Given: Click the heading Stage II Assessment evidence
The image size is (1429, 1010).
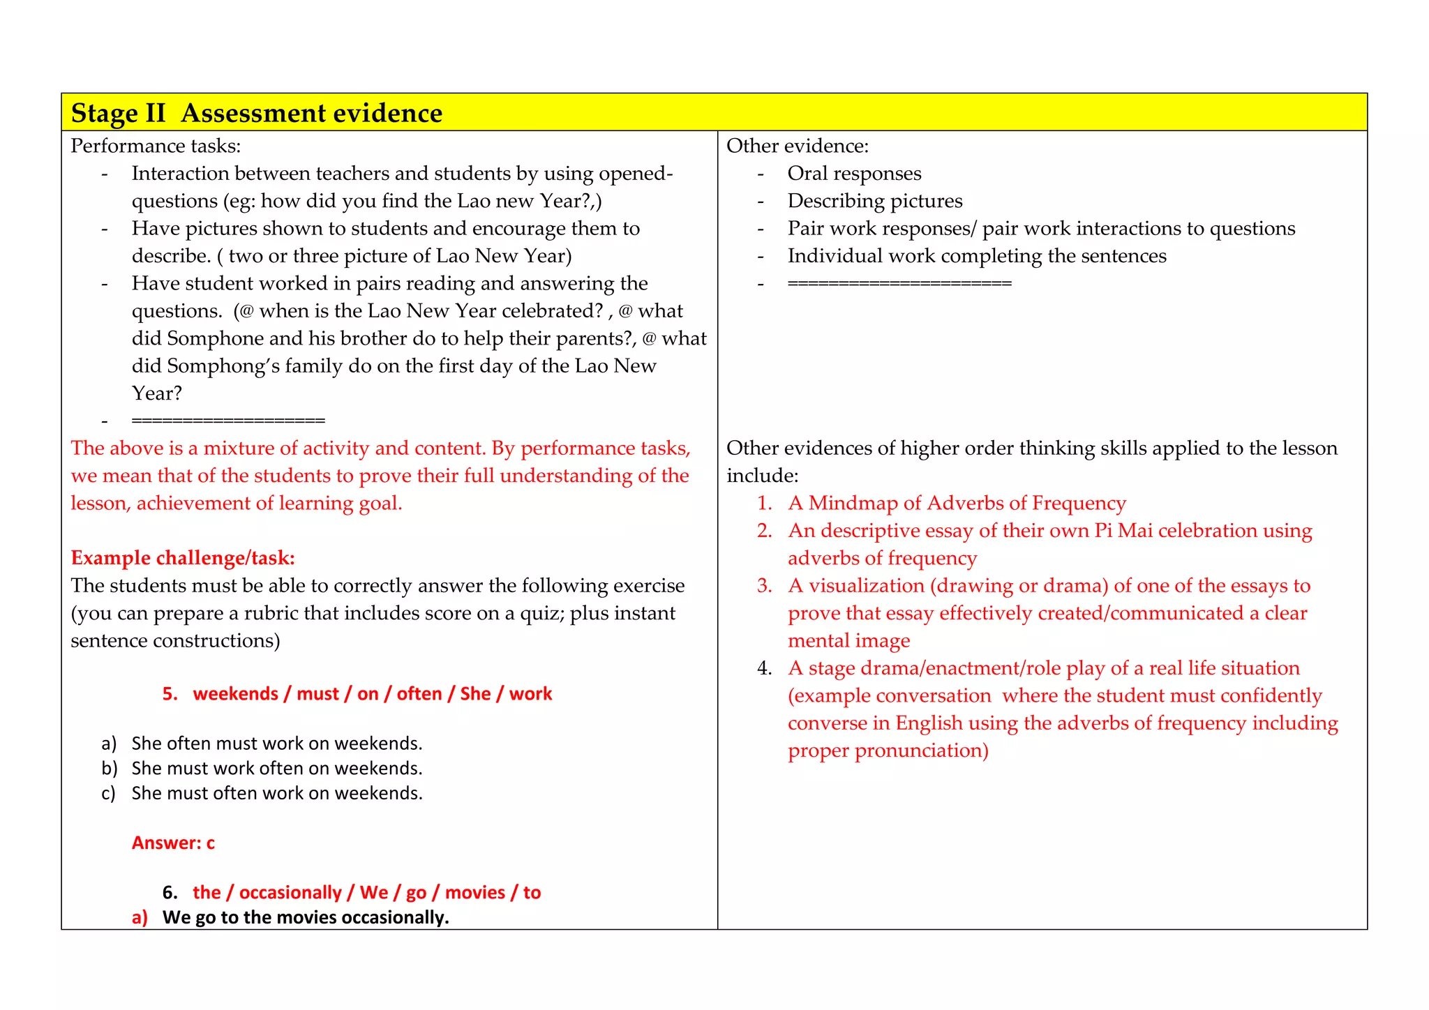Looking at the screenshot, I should point(257,113).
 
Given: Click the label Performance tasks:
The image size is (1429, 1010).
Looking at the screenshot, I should point(156,146).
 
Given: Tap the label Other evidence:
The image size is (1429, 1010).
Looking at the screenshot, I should point(798,146).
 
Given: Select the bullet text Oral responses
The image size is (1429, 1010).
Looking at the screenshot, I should point(854,173).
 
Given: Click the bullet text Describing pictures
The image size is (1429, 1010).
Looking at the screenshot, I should point(874,201).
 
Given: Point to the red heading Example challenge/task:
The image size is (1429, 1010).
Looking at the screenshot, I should point(183,558).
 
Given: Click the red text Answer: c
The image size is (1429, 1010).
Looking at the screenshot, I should point(173,843).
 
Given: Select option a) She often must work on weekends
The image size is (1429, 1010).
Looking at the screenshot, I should point(276,744).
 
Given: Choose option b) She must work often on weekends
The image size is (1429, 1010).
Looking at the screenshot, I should point(276,769).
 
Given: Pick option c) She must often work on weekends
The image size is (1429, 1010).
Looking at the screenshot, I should point(276,793).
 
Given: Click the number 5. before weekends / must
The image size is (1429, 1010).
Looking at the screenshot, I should point(170,694).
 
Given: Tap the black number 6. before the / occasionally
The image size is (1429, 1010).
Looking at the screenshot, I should point(170,893).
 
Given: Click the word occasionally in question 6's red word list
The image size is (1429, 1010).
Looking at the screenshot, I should point(290,893).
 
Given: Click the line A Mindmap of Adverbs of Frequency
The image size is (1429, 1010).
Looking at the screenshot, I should point(957,503).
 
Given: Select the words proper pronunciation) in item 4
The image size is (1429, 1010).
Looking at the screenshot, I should point(888,751).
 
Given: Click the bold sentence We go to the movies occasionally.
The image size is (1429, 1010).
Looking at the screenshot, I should point(306,917).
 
